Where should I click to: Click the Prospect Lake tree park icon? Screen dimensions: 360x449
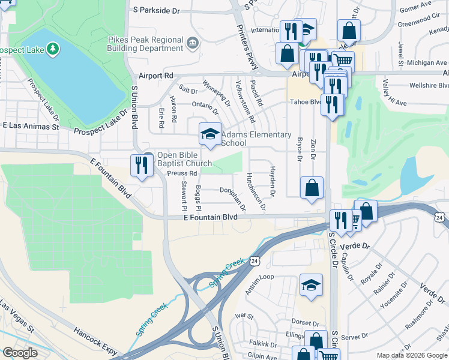click(x=53, y=47)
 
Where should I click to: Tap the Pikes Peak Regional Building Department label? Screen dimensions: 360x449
click(x=145, y=44)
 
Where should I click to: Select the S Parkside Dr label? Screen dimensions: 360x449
click(x=157, y=10)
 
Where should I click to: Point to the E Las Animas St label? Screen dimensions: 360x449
click(x=31, y=127)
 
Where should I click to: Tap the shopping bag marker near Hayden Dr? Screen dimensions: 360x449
click(x=312, y=188)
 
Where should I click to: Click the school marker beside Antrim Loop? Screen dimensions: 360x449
click(x=311, y=286)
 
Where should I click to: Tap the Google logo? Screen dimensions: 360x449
click(x=20, y=353)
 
